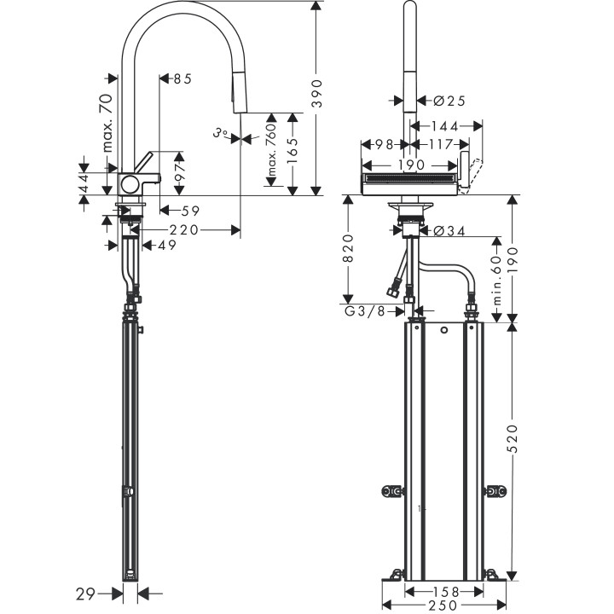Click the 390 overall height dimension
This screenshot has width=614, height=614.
(x=316, y=99)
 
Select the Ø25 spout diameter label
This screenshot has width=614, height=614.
(x=449, y=101)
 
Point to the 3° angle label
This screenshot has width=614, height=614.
(x=221, y=132)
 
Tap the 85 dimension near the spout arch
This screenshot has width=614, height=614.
(x=181, y=78)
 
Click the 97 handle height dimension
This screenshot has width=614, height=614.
(x=179, y=174)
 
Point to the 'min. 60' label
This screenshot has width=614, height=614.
(x=495, y=282)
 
